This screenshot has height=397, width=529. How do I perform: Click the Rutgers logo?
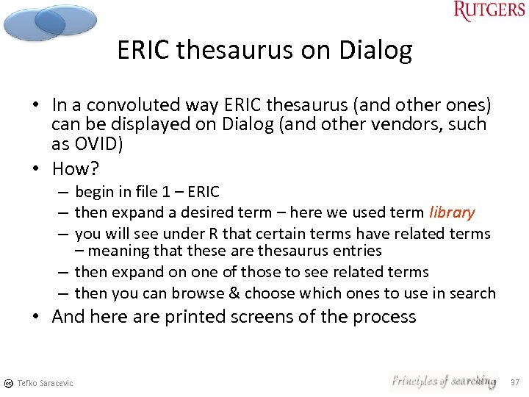point(489,11)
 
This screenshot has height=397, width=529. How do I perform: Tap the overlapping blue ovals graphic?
point(48,22)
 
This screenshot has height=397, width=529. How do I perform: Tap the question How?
point(75,168)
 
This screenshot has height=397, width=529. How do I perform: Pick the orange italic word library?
point(452,212)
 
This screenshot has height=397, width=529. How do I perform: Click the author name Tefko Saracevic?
point(45,383)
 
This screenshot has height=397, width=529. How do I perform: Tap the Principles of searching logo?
point(443,381)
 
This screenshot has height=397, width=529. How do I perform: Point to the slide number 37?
point(515,382)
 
